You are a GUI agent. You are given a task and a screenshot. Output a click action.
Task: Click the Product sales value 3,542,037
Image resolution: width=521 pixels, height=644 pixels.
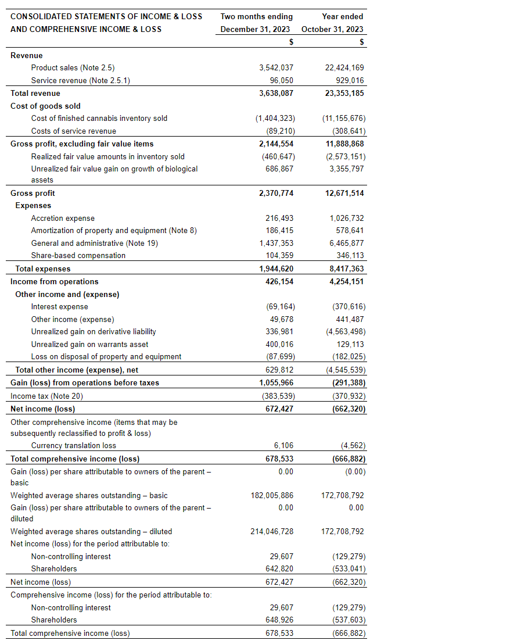tap(276, 68)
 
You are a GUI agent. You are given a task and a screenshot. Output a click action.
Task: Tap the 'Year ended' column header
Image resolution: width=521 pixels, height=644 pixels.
tap(343, 16)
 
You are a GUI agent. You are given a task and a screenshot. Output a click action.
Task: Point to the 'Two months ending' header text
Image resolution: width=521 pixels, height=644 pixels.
tap(257, 16)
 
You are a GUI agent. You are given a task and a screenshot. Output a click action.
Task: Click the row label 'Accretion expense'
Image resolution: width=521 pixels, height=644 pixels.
tap(63, 218)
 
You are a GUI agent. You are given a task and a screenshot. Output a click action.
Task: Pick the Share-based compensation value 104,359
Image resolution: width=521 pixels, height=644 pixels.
tap(279, 255)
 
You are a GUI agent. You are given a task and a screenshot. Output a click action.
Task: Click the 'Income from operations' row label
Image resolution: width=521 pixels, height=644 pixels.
tap(46, 281)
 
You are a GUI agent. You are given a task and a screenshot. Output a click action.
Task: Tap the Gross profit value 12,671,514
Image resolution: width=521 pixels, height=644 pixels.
tap(345, 193)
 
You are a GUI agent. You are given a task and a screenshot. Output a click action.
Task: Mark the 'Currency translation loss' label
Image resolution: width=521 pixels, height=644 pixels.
tap(73, 445)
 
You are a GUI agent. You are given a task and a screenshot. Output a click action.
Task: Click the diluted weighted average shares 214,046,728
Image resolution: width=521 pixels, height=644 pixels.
tap(272, 531)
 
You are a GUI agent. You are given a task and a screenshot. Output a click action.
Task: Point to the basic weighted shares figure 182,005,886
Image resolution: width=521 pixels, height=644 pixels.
tap(272, 495)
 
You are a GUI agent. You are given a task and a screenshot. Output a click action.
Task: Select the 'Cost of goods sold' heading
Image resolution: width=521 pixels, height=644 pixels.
tap(45, 106)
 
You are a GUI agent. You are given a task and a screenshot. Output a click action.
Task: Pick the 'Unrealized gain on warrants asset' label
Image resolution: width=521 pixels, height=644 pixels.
tap(89, 344)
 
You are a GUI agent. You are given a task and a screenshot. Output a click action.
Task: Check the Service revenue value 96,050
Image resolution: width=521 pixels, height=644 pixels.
tap(282, 81)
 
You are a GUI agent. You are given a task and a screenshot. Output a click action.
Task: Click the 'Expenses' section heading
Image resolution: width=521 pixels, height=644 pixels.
tap(33, 205)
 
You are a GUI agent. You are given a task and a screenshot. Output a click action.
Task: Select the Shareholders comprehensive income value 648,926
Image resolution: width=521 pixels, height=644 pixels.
tap(279, 620)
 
